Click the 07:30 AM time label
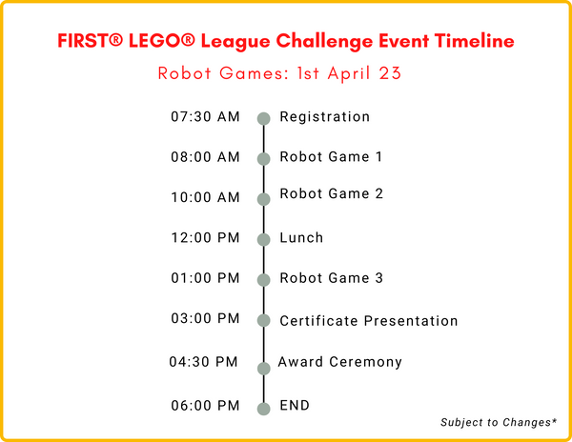[205, 117]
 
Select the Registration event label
[324, 117]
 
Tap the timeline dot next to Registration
[264, 118]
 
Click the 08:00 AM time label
[205, 157]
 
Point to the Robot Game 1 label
[331, 157]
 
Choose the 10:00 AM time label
[205, 197]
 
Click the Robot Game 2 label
[331, 194]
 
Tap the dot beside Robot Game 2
[264, 199]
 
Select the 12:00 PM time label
[205, 238]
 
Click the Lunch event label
[301, 238]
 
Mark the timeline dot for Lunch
[264, 240]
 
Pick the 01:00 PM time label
[205, 278]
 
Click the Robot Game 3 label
[331, 278]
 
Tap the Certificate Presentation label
[368, 321]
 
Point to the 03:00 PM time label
[205, 319]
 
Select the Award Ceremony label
[339, 362]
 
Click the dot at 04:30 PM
[264, 368]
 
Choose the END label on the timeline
[295, 405]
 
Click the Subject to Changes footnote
[499, 422]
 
